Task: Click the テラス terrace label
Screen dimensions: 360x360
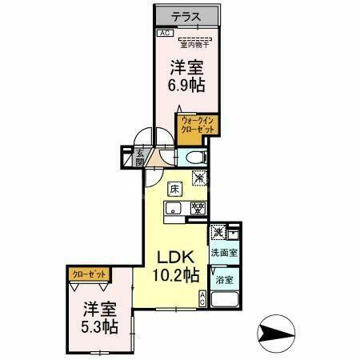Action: click(186, 17)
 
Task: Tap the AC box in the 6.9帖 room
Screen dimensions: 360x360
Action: click(164, 33)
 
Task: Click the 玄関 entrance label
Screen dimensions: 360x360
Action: click(139, 159)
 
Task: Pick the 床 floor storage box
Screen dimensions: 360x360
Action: click(174, 190)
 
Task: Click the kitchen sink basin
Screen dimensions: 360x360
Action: click(175, 209)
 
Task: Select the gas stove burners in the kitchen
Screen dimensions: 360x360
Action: click(197, 209)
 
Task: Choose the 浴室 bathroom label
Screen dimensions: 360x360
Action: click(223, 281)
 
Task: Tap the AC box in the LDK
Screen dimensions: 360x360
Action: click(202, 299)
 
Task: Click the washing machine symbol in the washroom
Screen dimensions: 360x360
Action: click(218, 233)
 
